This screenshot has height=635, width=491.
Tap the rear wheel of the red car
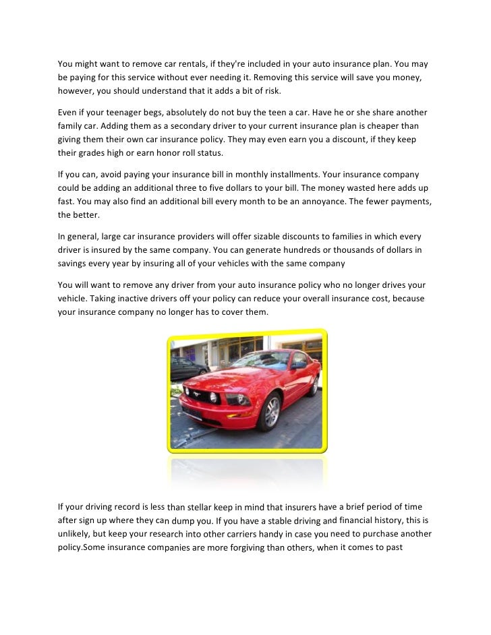[314, 385]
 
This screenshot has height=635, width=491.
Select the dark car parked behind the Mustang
[188, 367]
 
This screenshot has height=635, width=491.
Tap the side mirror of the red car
[297, 365]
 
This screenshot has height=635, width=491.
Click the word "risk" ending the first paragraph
[266, 90]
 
